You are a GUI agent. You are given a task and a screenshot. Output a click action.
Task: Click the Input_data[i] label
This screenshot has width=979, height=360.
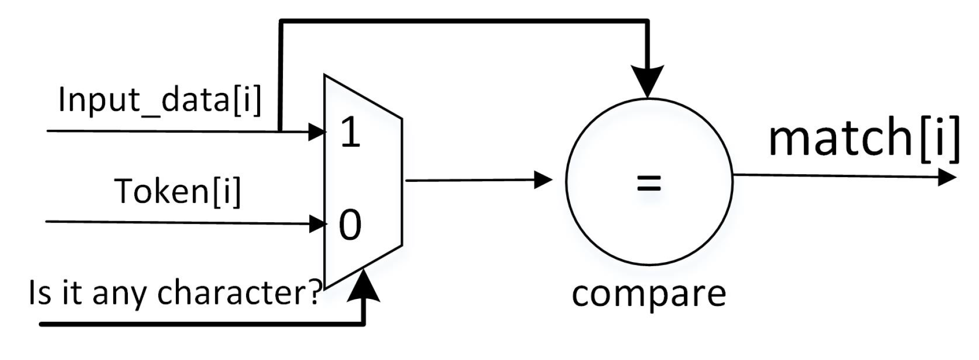click(x=160, y=100)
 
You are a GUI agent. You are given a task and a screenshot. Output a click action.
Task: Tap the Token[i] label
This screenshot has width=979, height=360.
click(x=178, y=192)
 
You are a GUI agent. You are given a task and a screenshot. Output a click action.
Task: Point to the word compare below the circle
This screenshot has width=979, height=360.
click(x=649, y=294)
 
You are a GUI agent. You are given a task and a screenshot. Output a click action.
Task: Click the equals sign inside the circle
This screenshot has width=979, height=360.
click(x=649, y=183)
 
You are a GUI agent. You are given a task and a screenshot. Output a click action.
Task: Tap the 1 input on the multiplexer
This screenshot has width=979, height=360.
click(x=350, y=132)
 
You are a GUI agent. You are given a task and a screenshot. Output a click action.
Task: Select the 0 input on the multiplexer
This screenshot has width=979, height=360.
click(x=350, y=225)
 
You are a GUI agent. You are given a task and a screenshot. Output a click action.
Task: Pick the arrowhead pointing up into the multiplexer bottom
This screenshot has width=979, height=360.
click(x=363, y=286)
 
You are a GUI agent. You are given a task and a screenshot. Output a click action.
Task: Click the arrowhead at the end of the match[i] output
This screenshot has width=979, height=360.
click(x=946, y=177)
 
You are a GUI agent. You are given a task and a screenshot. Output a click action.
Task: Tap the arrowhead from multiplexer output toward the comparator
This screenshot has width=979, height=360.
click(x=543, y=180)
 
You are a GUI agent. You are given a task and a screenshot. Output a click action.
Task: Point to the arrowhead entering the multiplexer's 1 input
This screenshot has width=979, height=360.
click(x=317, y=132)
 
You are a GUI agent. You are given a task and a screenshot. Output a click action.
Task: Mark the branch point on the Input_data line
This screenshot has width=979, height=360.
click(x=280, y=131)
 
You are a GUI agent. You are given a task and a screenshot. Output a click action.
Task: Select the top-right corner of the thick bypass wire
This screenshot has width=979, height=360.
click(x=647, y=21)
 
